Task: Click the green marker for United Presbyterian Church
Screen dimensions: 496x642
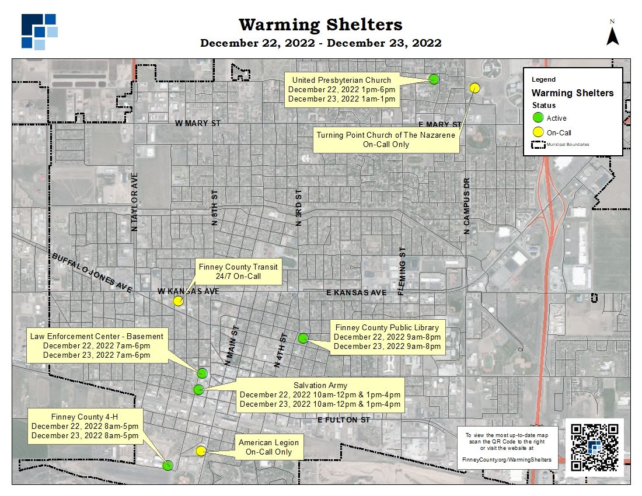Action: pyautogui.click(x=434, y=79)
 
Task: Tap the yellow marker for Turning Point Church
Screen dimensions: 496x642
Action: pyautogui.click(x=474, y=88)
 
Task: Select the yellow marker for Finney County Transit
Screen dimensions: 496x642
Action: pyautogui.click(x=178, y=301)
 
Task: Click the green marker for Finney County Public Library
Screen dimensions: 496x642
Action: pyautogui.click(x=303, y=338)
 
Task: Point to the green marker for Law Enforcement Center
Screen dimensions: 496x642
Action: pyautogui.click(x=203, y=373)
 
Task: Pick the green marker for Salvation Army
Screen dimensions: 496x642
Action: pyautogui.click(x=198, y=389)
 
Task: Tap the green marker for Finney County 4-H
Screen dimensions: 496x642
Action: pyautogui.click(x=168, y=465)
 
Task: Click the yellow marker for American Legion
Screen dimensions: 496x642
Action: pyautogui.click(x=201, y=450)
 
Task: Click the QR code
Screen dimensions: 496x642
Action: pyautogui.click(x=595, y=448)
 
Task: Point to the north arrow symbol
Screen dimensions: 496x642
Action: pyautogui.click(x=612, y=35)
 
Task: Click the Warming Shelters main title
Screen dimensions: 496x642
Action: pyautogui.click(x=320, y=25)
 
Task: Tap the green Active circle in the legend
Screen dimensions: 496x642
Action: pyautogui.click(x=538, y=118)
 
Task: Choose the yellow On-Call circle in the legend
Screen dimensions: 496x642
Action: pyautogui.click(x=538, y=132)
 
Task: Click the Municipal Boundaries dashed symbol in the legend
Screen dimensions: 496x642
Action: pyautogui.click(x=538, y=144)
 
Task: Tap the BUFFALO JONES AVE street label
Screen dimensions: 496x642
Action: pyautogui.click(x=92, y=273)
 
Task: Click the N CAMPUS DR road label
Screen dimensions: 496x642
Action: pyautogui.click(x=466, y=206)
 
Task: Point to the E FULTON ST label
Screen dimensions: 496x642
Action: pyautogui.click(x=344, y=420)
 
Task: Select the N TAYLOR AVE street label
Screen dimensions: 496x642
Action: pyautogui.click(x=135, y=202)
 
